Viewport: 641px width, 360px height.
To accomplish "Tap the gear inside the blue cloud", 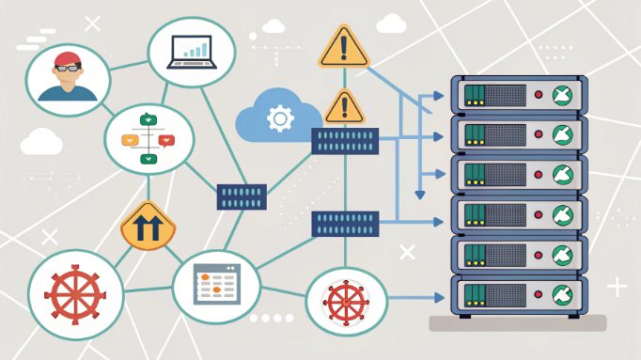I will click(278, 118).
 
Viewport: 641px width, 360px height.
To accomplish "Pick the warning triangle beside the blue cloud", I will click(344, 105).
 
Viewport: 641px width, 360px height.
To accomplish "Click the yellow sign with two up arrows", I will click(149, 227).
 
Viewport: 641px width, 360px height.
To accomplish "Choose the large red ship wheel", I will click(74, 294).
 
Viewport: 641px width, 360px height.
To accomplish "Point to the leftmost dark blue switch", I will click(242, 196).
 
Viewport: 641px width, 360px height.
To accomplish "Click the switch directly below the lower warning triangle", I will click(345, 141).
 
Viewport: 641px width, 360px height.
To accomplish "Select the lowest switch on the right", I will click(345, 224).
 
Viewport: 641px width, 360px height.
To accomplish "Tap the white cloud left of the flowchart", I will click(40, 142).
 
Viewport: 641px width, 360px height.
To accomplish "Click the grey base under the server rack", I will click(517, 322).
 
